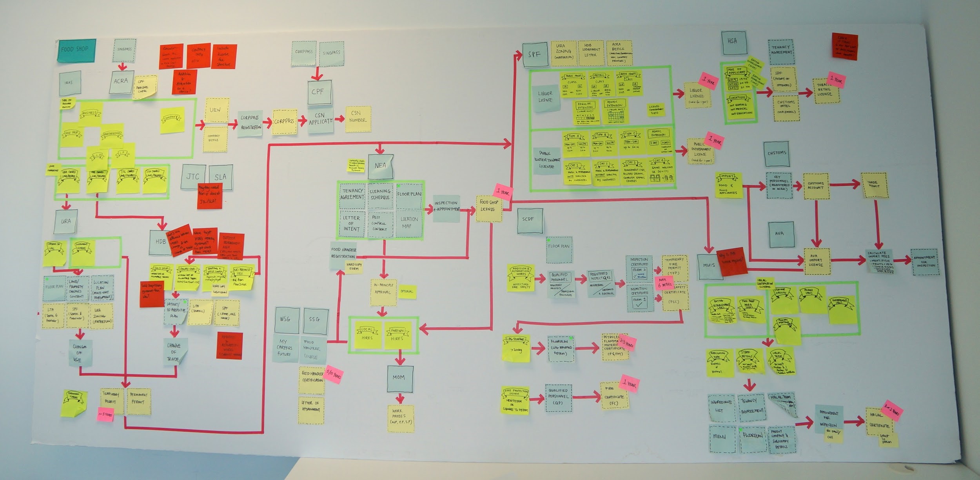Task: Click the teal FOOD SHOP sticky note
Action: [x=76, y=50]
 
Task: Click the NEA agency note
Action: [x=380, y=166]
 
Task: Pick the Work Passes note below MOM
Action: [x=400, y=418]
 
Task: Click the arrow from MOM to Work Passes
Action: [x=400, y=398]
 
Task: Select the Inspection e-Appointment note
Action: [x=446, y=208]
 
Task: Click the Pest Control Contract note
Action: [x=380, y=224]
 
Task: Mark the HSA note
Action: [x=733, y=42]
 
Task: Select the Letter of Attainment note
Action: [x=311, y=410]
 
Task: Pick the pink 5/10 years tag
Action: [x=333, y=374]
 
